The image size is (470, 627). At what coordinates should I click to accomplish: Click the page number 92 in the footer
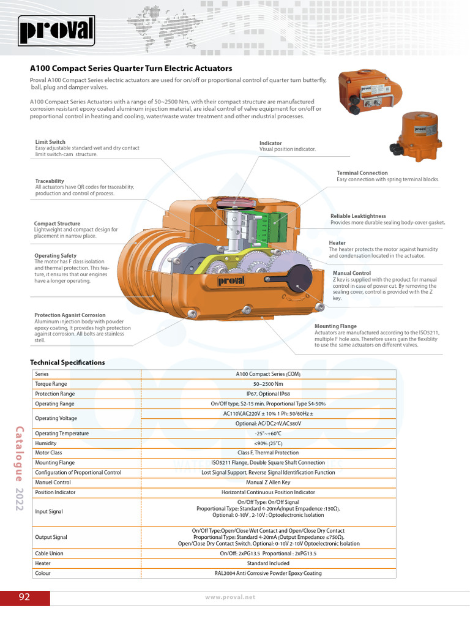click(x=24, y=597)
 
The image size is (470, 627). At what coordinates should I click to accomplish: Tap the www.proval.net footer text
click(x=230, y=597)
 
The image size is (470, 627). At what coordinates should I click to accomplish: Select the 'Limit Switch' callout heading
click(x=50, y=142)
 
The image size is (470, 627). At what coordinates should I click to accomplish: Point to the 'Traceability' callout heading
click(x=50, y=181)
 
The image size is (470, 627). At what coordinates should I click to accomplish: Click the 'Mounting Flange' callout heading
click(x=335, y=326)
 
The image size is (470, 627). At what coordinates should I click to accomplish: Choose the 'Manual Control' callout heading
click(x=352, y=273)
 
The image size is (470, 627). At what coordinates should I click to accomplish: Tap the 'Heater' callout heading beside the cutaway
click(x=337, y=243)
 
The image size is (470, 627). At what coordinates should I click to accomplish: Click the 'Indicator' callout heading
click(x=270, y=143)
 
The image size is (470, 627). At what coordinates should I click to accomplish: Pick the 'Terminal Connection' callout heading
click(x=362, y=173)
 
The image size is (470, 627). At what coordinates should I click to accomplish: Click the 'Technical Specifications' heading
click(x=67, y=362)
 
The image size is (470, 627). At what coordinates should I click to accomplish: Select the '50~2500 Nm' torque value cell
click(x=268, y=384)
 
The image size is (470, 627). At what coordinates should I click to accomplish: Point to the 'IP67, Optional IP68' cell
click(x=268, y=394)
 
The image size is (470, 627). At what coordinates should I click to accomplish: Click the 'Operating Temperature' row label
click(x=62, y=434)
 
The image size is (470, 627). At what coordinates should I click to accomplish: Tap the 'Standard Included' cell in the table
click(x=268, y=563)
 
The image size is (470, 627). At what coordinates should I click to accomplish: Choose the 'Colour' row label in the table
click(x=43, y=573)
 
